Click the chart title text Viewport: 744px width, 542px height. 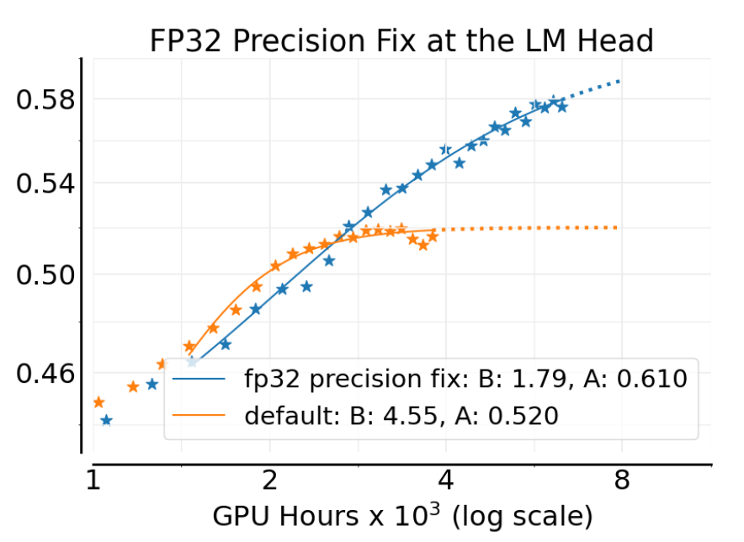[x=401, y=41]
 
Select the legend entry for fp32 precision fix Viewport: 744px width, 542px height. [x=465, y=380]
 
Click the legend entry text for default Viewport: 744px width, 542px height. [x=401, y=415]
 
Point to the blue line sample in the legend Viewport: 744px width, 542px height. [x=199, y=380]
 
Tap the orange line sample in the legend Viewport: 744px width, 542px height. [x=199, y=416]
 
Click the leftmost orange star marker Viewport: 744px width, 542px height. [x=98, y=402]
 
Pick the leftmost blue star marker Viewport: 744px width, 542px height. [x=106, y=420]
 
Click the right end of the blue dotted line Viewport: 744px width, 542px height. [x=620, y=81]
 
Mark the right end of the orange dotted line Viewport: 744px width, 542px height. [x=619, y=227]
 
